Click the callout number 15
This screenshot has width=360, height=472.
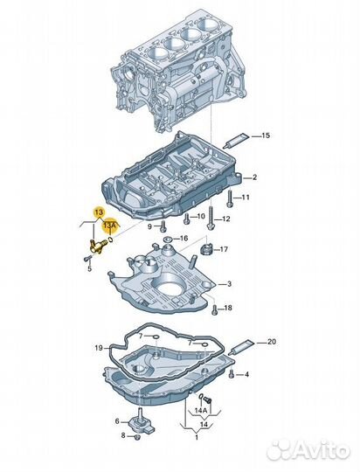(x=267, y=135)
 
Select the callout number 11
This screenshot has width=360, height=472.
(x=246, y=198)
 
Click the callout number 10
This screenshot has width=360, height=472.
(x=200, y=215)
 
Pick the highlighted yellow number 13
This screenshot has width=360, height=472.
(x=99, y=212)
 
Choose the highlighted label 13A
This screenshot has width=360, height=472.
(x=109, y=225)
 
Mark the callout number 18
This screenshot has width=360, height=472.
(x=227, y=308)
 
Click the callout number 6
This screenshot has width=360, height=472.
(x=118, y=421)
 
